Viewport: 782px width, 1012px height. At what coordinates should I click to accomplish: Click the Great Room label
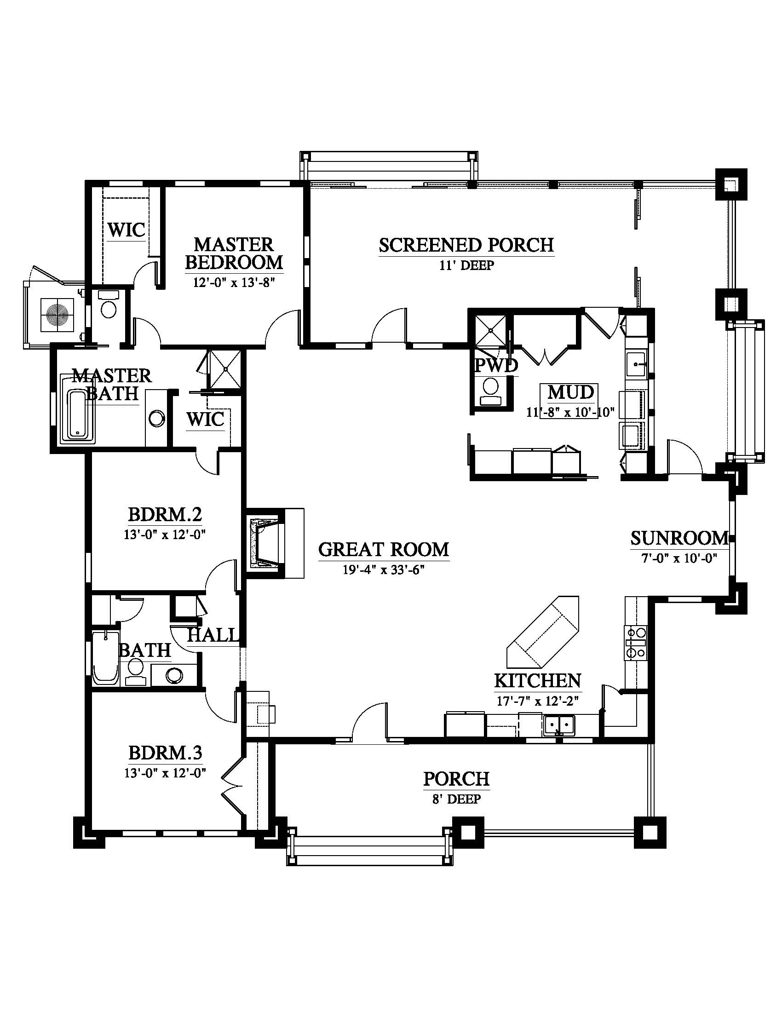click(x=384, y=550)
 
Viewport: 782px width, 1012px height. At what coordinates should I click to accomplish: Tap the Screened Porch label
click(x=466, y=245)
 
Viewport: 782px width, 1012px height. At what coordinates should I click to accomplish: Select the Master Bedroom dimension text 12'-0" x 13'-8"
click(x=235, y=282)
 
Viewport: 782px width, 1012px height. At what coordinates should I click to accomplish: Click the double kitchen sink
click(x=559, y=724)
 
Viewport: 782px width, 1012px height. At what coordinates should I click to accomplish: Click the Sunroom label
click(x=679, y=538)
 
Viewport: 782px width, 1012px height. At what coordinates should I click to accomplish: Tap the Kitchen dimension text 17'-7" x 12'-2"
click(x=538, y=701)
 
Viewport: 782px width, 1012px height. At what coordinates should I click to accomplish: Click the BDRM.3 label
click(x=165, y=753)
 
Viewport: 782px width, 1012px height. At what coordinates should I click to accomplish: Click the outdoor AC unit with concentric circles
click(x=57, y=315)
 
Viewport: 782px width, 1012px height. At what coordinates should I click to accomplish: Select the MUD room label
click(x=571, y=392)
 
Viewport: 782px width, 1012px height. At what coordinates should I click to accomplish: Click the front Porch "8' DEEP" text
click(x=456, y=799)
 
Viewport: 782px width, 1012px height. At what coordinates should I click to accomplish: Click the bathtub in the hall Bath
click(x=106, y=658)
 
